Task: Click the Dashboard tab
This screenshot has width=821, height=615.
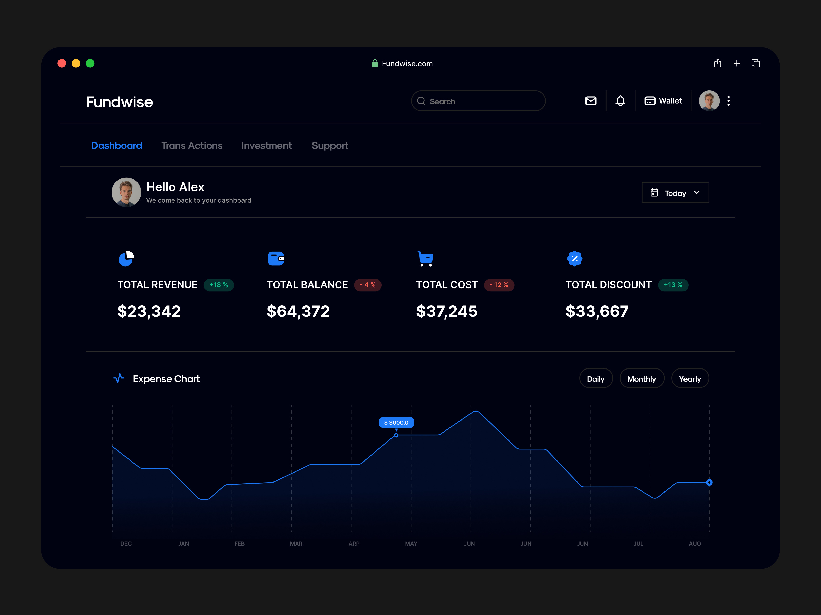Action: pyautogui.click(x=116, y=146)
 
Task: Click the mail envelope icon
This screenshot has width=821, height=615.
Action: pyautogui.click(x=591, y=101)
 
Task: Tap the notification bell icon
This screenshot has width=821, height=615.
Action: pyautogui.click(x=620, y=101)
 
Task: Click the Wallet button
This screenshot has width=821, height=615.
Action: pyautogui.click(x=663, y=101)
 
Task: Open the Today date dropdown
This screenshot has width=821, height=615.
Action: pyautogui.click(x=675, y=192)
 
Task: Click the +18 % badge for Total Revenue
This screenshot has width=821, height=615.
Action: pyautogui.click(x=219, y=285)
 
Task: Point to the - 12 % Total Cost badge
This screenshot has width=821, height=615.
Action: pyautogui.click(x=499, y=285)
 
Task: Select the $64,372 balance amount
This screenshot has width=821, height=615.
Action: pyautogui.click(x=298, y=311)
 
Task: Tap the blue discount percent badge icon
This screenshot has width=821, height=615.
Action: pyautogui.click(x=574, y=258)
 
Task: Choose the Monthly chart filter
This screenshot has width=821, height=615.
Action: pyautogui.click(x=641, y=379)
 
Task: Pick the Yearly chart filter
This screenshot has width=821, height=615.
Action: pyautogui.click(x=690, y=379)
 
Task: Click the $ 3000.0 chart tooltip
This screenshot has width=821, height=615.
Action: pyautogui.click(x=396, y=423)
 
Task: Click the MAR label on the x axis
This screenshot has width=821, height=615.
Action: pyautogui.click(x=296, y=544)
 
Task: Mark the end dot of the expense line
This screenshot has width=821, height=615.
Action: pyautogui.click(x=709, y=482)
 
